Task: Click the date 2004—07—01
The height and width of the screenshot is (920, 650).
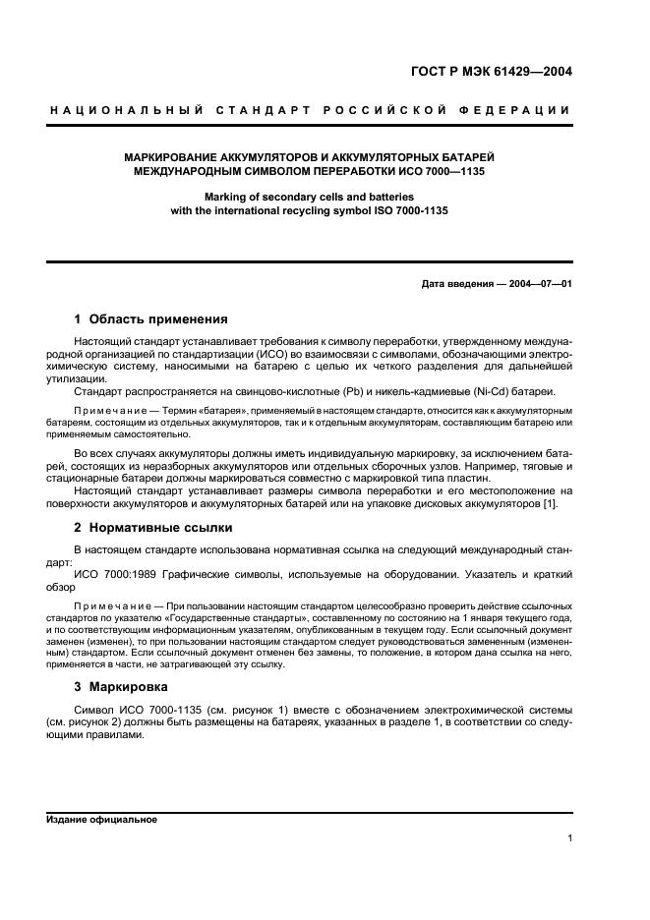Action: tap(540, 284)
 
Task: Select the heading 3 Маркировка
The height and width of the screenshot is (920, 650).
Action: tap(121, 686)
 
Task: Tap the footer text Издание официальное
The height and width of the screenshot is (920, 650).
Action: tap(101, 820)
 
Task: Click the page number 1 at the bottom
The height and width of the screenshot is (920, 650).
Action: tap(569, 838)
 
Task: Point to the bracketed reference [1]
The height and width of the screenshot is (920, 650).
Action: tap(551, 504)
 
